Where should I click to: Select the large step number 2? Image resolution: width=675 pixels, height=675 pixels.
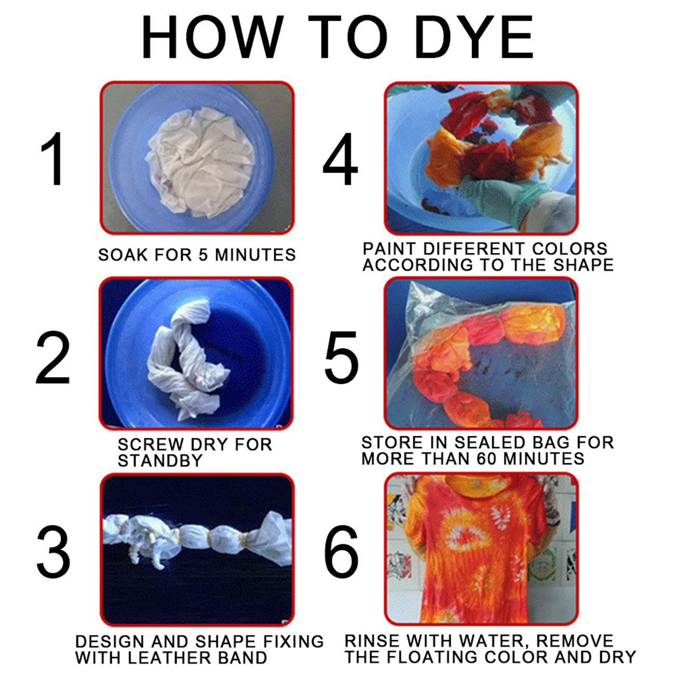53,357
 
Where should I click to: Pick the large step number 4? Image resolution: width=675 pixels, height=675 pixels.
340,159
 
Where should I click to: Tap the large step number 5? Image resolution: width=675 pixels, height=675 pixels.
342,357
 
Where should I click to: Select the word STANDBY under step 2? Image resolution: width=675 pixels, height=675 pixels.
160,460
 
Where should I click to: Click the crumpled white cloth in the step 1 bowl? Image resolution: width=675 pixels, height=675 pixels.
200,162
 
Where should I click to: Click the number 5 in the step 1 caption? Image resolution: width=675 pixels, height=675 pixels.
203,254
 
